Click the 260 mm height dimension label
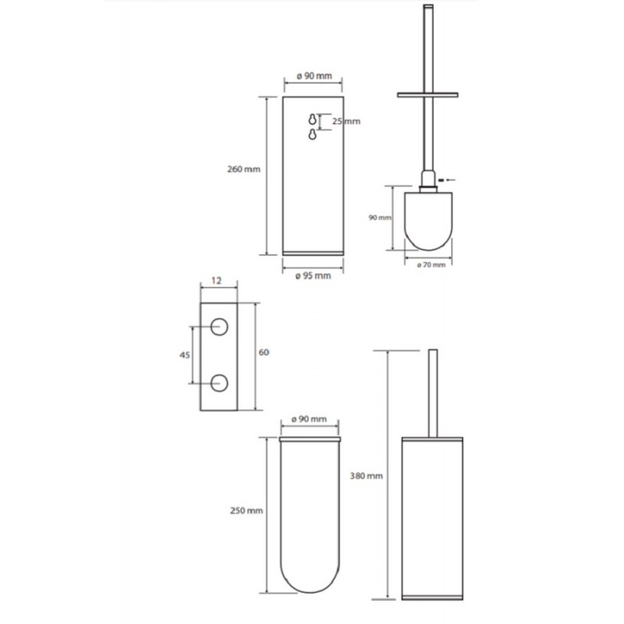pos(243,169)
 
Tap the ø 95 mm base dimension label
pos(314,276)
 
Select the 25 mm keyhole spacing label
pos(346,121)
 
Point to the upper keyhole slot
pos(313,119)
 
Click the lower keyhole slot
pos(313,134)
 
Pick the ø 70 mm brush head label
pos(431,264)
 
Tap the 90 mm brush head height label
pos(380,218)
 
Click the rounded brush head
pos(428,222)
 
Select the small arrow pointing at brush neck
pos(446,180)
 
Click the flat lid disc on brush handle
pos(427,94)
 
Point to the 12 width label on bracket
pos(216,281)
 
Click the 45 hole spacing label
pos(185,355)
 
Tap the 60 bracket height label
pos(264,353)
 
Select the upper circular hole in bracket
pos(219,327)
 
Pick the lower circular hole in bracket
pos(219,383)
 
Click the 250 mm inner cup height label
pos(246,511)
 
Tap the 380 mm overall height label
pos(366,476)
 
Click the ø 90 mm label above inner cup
pos(309,419)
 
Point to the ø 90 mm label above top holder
pos(314,76)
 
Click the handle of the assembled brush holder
pos(433,394)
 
